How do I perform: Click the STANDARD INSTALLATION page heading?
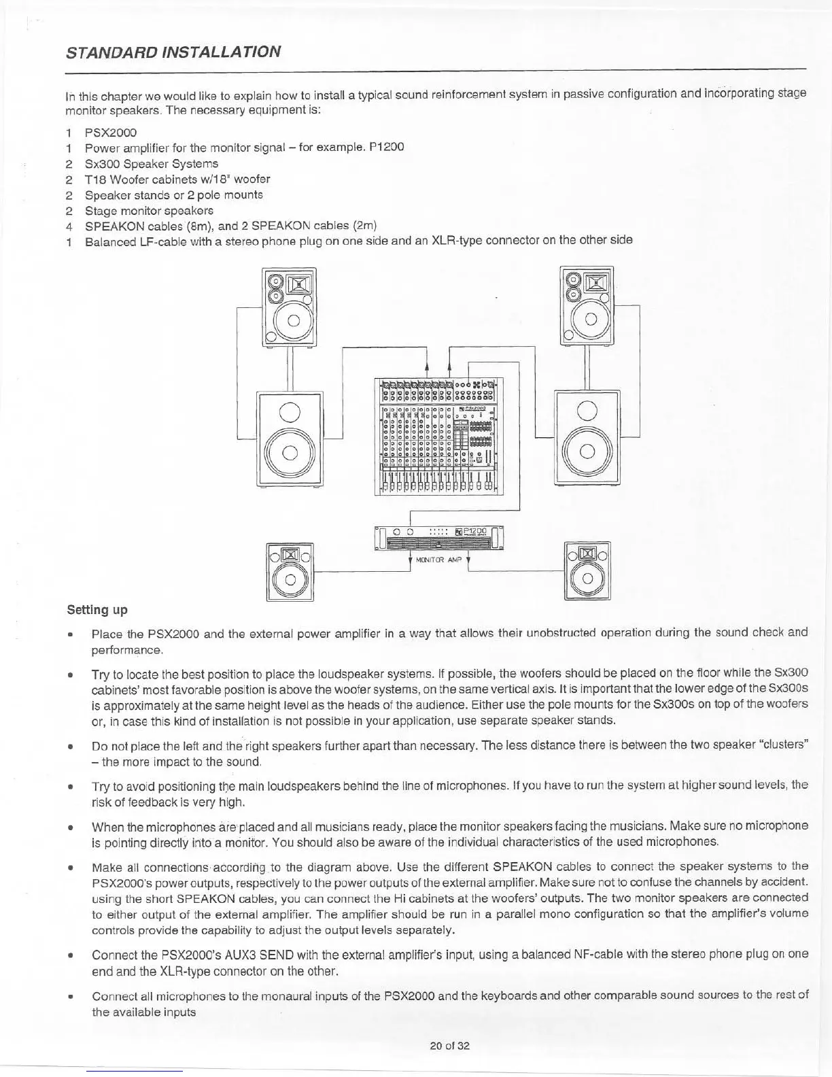coord(173,52)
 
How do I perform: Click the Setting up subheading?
coord(97,609)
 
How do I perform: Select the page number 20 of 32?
coord(450,1046)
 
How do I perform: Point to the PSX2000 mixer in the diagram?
coord(438,436)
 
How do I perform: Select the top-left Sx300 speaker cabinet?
coord(289,307)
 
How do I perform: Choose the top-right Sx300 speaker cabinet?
coord(586,306)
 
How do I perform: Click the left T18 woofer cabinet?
coord(290,438)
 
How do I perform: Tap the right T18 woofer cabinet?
coord(587,437)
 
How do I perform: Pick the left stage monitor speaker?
coord(290,571)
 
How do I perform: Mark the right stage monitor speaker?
coord(587,570)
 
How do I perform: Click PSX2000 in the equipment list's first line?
coord(111,133)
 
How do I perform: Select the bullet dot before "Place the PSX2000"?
coord(69,633)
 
